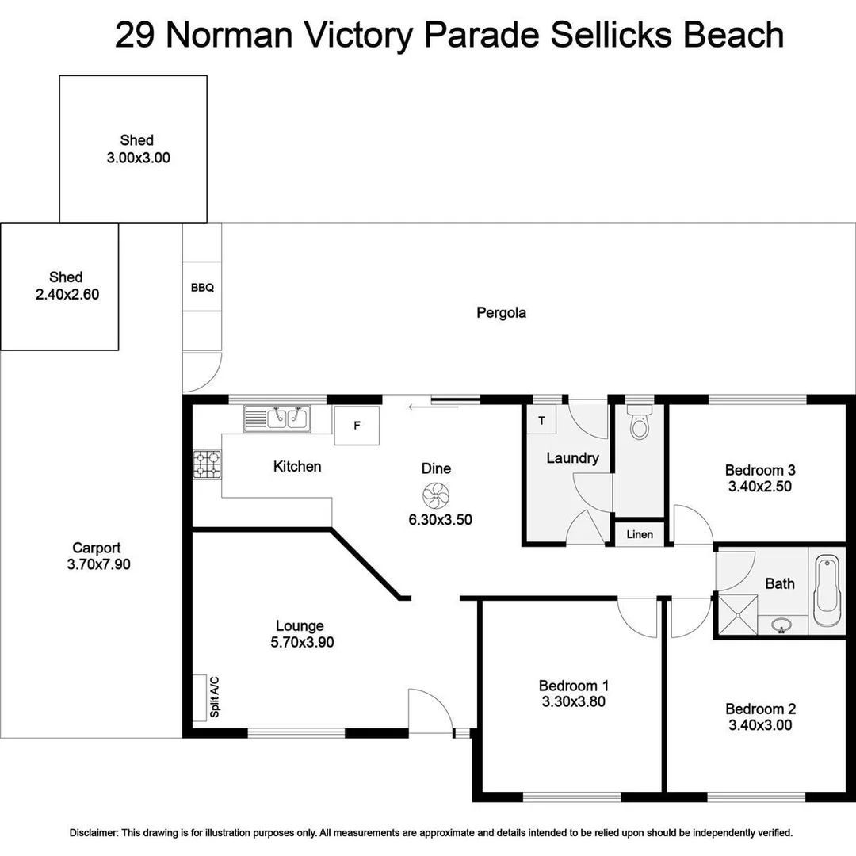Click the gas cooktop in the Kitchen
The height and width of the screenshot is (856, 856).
(x=208, y=464)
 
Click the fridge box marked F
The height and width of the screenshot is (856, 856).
(x=357, y=426)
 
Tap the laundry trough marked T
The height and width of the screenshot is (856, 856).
(x=542, y=420)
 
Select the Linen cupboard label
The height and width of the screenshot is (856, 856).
(x=640, y=534)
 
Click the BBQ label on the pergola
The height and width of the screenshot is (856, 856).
(x=202, y=288)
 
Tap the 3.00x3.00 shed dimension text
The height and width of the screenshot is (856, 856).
(x=138, y=158)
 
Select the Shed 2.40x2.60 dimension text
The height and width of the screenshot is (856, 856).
(x=66, y=294)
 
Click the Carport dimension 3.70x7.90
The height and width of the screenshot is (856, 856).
(x=96, y=564)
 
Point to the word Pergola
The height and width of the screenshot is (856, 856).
(x=501, y=312)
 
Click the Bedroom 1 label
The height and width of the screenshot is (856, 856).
(x=574, y=686)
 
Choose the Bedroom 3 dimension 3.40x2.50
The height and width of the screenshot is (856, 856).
(x=760, y=487)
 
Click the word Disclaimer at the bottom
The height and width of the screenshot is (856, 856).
(x=94, y=833)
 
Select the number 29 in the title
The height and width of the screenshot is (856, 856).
(x=136, y=36)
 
